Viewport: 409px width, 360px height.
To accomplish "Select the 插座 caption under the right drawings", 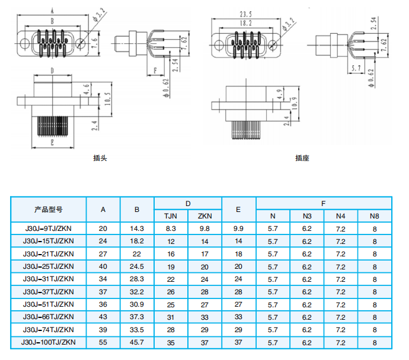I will click(x=302, y=158).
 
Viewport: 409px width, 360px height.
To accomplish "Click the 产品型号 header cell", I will click(x=49, y=210).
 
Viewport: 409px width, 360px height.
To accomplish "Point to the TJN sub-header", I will click(x=171, y=216).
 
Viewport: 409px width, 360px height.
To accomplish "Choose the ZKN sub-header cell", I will click(x=204, y=216).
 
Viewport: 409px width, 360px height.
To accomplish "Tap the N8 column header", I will click(x=375, y=216).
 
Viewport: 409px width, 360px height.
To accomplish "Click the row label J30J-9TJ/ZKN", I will click(x=49, y=229).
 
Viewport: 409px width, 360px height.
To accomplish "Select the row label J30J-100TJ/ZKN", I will click(x=49, y=342).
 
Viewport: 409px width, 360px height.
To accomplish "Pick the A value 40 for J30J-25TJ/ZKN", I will click(x=103, y=266).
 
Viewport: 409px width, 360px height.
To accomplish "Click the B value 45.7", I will click(x=137, y=342).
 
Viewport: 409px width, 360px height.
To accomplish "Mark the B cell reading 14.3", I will click(x=137, y=229).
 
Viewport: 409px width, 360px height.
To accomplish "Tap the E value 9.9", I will click(x=238, y=229).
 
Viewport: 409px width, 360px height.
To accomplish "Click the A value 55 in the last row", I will click(x=103, y=342).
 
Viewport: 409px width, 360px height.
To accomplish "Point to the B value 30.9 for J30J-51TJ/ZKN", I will click(x=137, y=304).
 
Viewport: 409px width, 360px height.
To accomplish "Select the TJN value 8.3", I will click(x=171, y=229).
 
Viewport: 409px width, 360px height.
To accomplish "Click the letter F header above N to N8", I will click(x=324, y=204).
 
